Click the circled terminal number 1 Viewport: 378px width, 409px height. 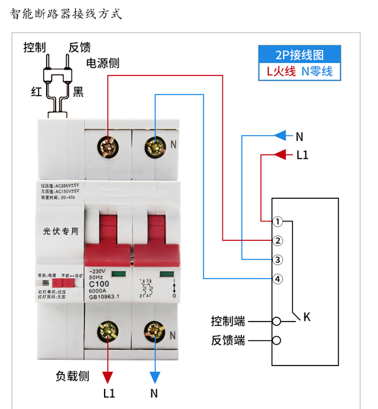point(278,221)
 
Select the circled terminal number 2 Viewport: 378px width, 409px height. point(278,240)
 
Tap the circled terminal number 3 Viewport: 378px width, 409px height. point(278,259)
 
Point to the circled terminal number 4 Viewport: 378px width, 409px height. point(278,279)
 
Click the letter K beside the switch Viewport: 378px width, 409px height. point(307,317)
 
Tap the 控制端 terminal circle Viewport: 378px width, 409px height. point(276,322)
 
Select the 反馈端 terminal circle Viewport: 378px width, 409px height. point(276,341)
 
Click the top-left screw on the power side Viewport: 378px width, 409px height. point(108,147)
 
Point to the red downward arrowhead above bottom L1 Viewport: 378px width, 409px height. point(108,377)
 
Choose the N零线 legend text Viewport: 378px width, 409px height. point(317,71)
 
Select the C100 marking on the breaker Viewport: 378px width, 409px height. point(99,284)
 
